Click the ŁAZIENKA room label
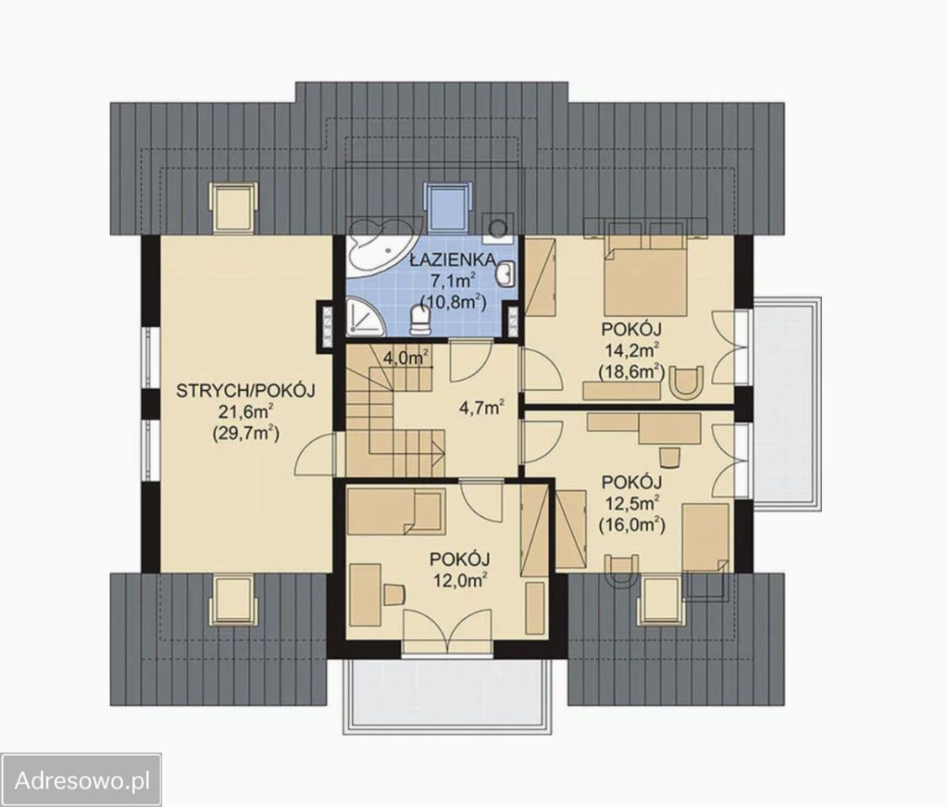(x=453, y=260)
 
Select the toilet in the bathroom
(x=419, y=319)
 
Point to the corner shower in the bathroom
(x=366, y=316)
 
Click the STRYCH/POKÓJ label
(x=246, y=391)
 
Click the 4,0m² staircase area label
(x=406, y=357)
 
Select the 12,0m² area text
(x=461, y=580)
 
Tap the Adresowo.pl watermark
(x=82, y=780)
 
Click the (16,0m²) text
(x=632, y=525)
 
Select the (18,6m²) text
(x=632, y=372)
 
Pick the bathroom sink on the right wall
(x=505, y=274)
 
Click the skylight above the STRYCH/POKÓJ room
(x=234, y=206)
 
